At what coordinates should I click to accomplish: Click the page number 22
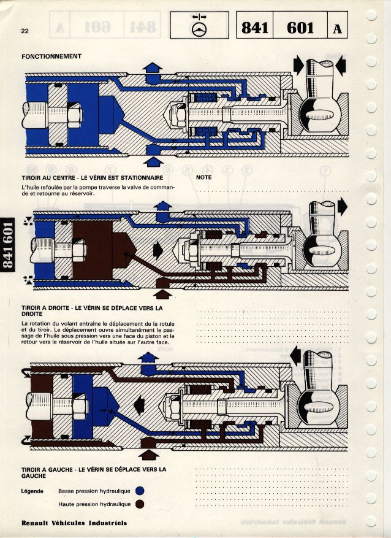25,30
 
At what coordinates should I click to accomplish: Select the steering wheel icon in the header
199,28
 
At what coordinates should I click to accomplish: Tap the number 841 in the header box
256,28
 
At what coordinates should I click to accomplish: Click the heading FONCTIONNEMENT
51,56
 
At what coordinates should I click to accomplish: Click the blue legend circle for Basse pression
140,491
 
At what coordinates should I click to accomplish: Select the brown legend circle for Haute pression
140,504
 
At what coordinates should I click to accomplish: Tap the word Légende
32,491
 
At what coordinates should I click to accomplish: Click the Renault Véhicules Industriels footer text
74,523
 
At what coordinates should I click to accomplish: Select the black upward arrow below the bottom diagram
149,455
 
